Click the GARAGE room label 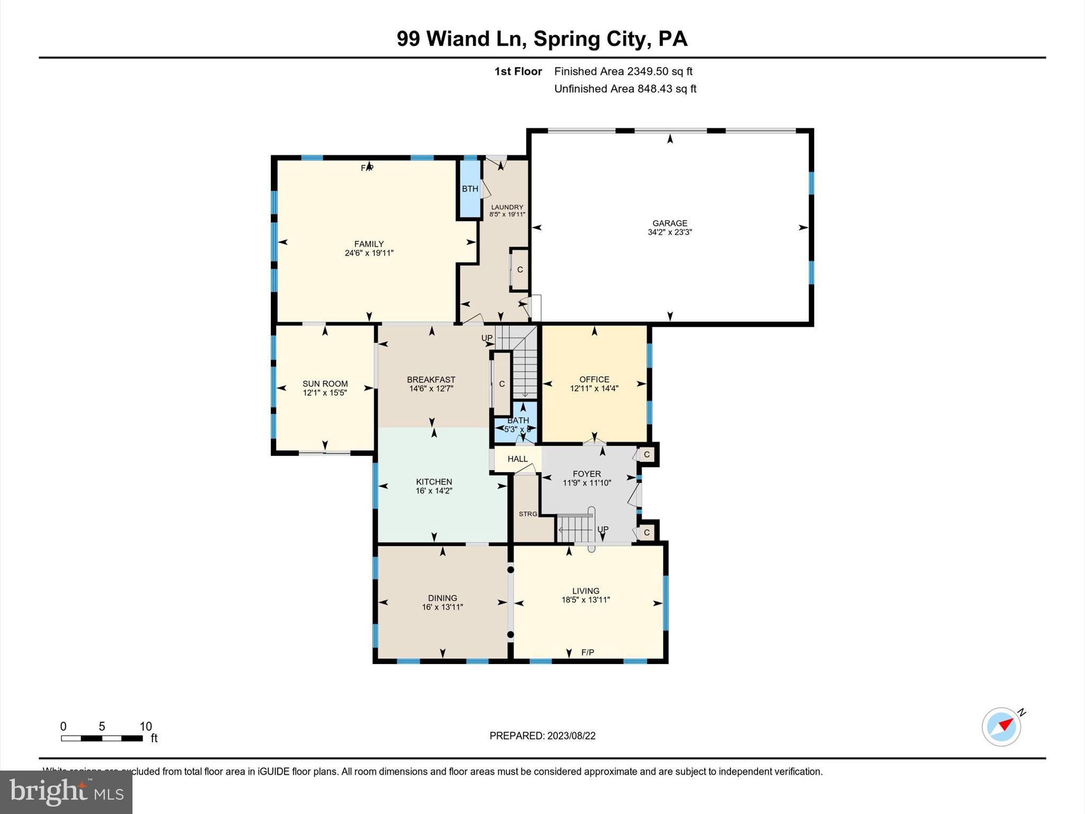(x=670, y=223)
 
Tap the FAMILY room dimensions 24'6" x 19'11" (x=369, y=253)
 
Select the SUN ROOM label (x=325, y=384)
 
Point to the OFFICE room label (x=594, y=379)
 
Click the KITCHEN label (x=434, y=482)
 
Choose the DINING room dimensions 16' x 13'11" (x=442, y=607)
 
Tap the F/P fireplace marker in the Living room (x=588, y=652)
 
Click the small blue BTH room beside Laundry (x=470, y=189)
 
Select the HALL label (x=518, y=459)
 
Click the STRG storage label (x=528, y=514)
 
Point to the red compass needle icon (x=1005, y=724)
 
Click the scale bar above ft (x=102, y=738)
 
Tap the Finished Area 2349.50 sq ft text (x=623, y=72)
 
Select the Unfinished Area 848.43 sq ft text (x=625, y=89)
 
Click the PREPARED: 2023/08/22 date (x=542, y=736)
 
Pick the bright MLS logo (x=66, y=792)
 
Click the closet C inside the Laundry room (x=520, y=269)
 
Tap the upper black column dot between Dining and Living (x=510, y=570)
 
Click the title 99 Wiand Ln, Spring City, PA (x=542, y=39)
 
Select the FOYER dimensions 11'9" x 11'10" (x=586, y=483)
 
